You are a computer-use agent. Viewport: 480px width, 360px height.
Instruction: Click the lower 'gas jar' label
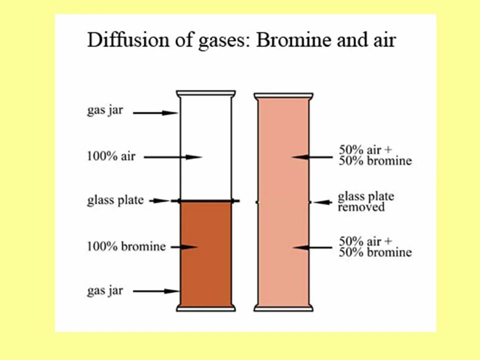point(104,290)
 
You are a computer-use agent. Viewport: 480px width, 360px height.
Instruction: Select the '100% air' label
point(110,156)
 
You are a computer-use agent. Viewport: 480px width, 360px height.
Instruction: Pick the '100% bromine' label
point(126,246)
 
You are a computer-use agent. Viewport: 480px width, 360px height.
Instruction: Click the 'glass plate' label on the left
point(115,200)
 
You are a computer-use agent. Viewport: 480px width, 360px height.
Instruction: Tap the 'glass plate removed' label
point(365,201)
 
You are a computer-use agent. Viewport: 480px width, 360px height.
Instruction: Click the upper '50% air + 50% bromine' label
point(375,155)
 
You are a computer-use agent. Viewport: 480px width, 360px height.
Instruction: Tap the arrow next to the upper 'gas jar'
point(155,113)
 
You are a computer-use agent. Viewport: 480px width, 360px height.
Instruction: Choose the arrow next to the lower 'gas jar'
point(156,291)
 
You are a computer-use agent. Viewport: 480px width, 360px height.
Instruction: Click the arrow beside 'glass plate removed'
point(322,202)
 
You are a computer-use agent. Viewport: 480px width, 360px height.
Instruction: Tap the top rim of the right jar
point(283,94)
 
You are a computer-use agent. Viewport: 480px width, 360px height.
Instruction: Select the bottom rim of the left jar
point(205,308)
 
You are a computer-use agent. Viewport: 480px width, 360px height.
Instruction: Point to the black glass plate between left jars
point(205,201)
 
